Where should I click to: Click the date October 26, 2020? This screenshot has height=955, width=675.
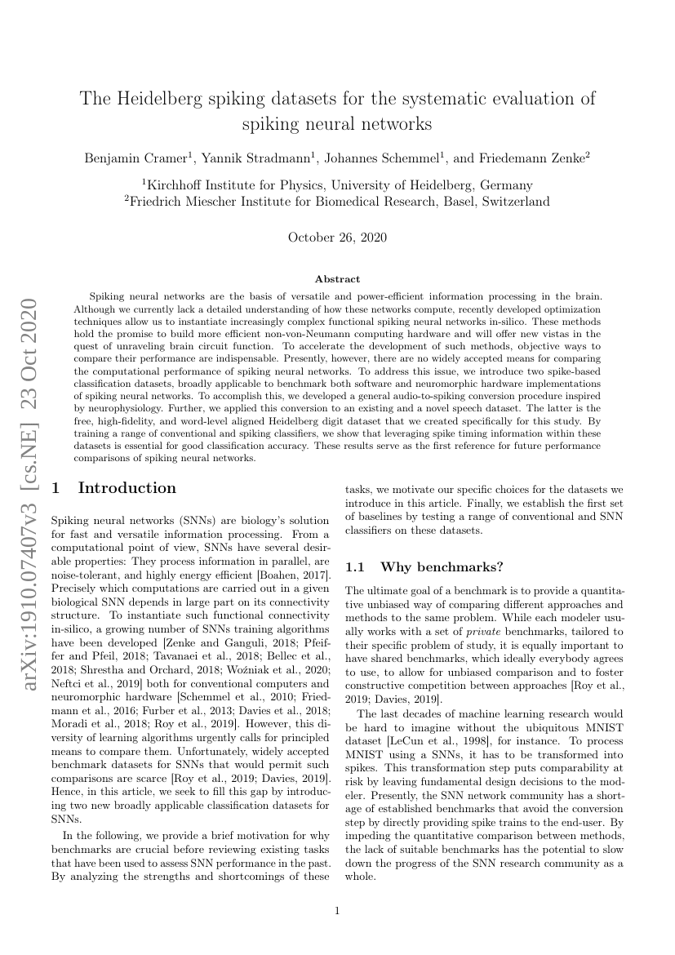click(x=337, y=238)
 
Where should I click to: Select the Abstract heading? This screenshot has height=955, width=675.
click(x=337, y=279)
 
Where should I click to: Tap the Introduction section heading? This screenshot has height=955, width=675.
click(x=127, y=488)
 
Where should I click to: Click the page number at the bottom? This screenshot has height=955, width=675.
click(x=337, y=912)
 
